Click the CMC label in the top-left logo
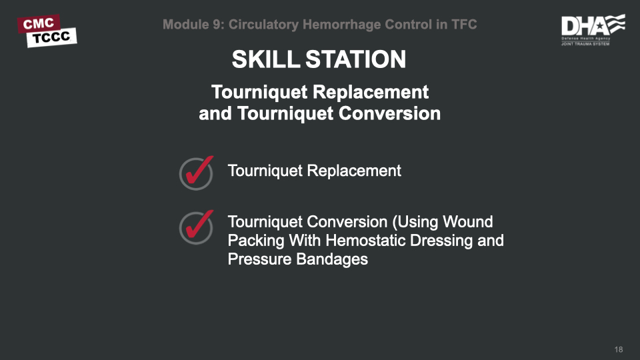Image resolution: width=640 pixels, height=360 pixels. tap(38, 23)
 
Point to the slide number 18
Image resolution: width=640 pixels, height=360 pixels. tap(619, 350)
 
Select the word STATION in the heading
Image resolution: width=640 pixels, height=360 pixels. tap(355, 60)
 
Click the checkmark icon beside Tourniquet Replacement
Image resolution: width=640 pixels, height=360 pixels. tap(196, 173)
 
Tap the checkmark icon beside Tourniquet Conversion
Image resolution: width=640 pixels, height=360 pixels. tap(196, 227)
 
